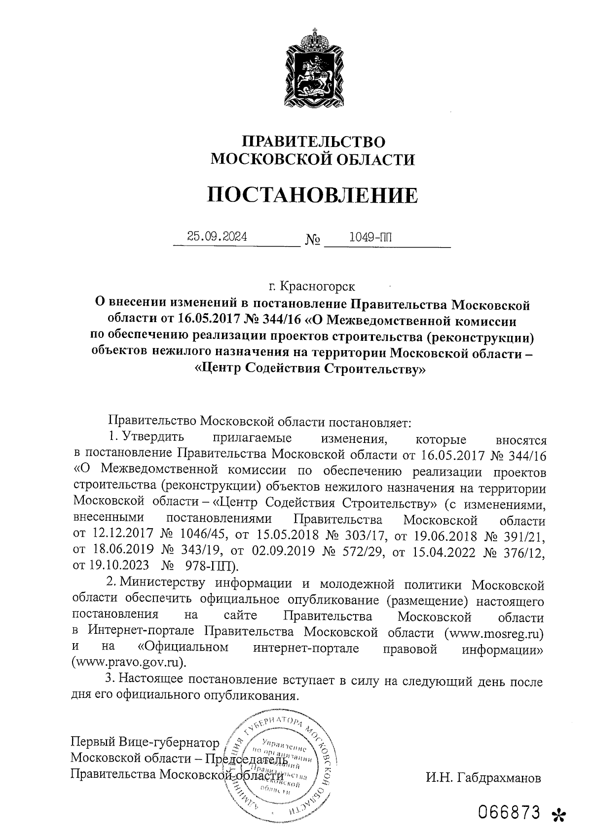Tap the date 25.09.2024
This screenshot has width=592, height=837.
click(x=217, y=237)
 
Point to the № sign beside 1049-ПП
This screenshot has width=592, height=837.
click(x=313, y=240)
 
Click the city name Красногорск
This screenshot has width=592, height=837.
click(x=317, y=286)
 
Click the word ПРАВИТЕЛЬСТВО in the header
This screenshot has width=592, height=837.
click(x=313, y=141)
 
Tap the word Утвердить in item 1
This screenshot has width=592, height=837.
click(x=152, y=437)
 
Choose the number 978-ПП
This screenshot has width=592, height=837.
click(x=209, y=567)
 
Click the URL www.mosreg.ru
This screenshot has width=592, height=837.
click(x=494, y=632)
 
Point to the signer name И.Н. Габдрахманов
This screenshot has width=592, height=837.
click(x=483, y=778)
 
